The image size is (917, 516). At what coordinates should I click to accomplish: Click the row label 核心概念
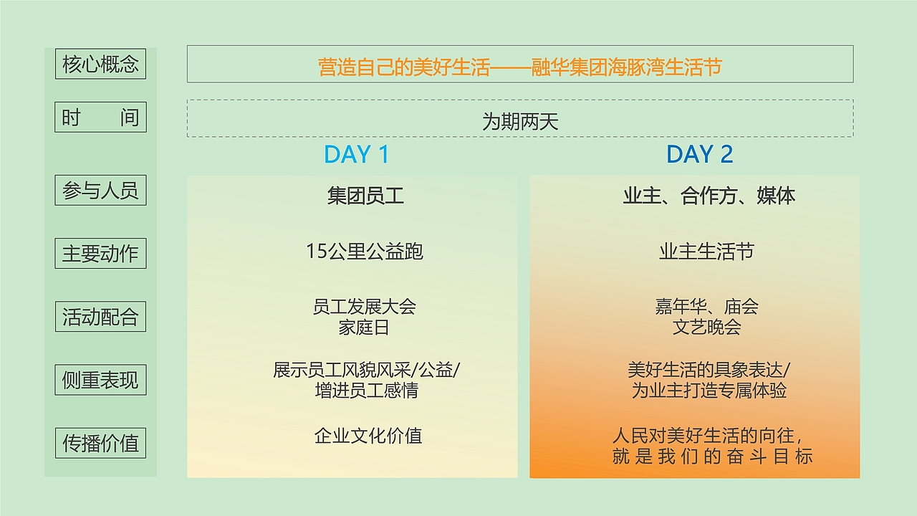tap(100, 64)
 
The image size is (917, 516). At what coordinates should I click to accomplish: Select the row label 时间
tap(100, 118)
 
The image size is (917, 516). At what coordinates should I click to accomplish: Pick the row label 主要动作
tap(100, 254)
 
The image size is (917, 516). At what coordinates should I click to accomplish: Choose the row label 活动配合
tap(100, 317)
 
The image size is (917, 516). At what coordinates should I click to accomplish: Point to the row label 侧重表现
tap(100, 380)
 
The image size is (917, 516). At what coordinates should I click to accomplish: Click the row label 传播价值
tap(100, 443)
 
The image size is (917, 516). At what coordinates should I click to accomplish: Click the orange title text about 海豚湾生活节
tap(519, 67)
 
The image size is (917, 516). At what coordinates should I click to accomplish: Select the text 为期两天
tap(519, 122)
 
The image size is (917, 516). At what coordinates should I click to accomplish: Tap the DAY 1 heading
tap(356, 155)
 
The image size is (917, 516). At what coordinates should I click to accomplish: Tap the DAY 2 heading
tap(699, 155)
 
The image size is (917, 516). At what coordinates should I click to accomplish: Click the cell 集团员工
tap(365, 196)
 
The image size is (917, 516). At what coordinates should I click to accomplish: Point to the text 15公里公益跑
tap(365, 252)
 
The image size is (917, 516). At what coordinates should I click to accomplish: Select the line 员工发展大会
tap(365, 307)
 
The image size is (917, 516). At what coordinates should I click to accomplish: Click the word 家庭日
tap(365, 328)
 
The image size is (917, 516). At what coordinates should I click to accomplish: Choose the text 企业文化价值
tap(368, 435)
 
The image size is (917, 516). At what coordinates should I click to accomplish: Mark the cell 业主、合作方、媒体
tap(709, 196)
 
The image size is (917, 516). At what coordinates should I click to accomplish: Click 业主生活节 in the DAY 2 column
tap(706, 252)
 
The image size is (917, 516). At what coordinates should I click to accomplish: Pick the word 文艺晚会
tap(706, 328)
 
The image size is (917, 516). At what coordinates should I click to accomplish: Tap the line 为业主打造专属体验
tap(709, 391)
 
